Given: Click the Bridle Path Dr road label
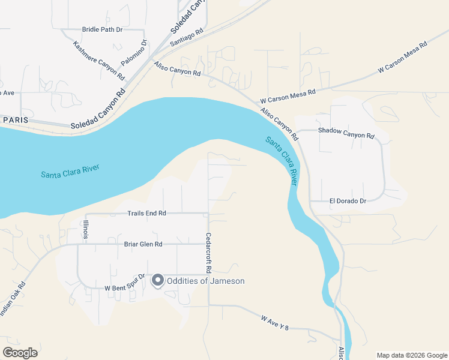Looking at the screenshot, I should pos(103,29).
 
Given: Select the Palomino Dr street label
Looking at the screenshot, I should pos(134,53).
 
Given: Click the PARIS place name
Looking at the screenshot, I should pos(16,120).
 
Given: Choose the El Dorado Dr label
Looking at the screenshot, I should pos(348,201).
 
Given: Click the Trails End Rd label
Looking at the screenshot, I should pos(146,213).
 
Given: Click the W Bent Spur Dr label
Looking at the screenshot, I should pos(125,283).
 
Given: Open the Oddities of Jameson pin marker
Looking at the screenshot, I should pos(158,280).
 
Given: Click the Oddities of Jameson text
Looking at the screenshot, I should pos(206,281).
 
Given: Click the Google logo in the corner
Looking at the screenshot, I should pos(20,353).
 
